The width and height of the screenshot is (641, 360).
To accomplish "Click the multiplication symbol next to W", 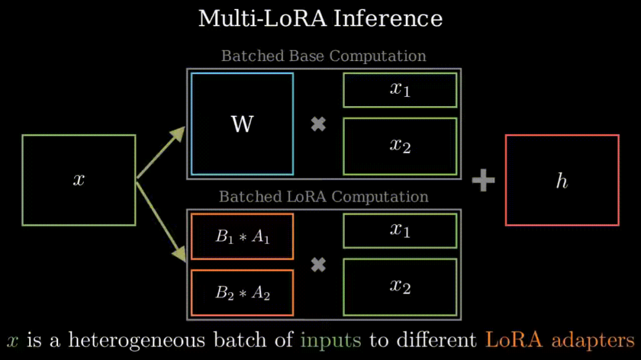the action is pyautogui.click(x=318, y=124).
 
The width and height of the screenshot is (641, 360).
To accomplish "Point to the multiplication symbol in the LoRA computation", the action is pyautogui.click(x=318, y=265).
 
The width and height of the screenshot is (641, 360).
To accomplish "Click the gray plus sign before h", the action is pyautogui.click(x=483, y=180).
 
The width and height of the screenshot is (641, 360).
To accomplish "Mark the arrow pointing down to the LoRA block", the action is pyautogui.click(x=161, y=221).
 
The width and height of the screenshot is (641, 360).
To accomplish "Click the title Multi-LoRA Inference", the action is pyautogui.click(x=320, y=19).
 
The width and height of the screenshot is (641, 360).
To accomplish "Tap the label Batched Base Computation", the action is pyautogui.click(x=324, y=56).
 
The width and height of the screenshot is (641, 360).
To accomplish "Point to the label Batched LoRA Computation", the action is pyautogui.click(x=324, y=196).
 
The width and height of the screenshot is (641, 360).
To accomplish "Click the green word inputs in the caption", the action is pyautogui.click(x=331, y=340).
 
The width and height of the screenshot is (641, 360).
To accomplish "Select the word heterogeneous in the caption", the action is pyautogui.click(x=137, y=340).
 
